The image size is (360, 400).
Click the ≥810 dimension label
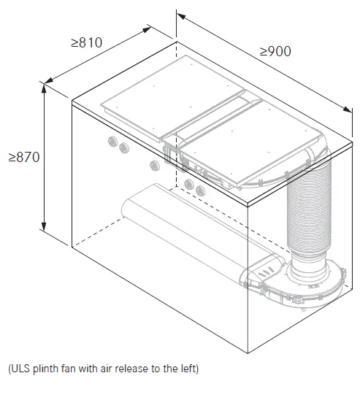[x=86, y=42]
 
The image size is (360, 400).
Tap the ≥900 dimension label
[x=275, y=51]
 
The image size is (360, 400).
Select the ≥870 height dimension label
[x=24, y=157]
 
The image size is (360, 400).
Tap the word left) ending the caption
[x=190, y=369]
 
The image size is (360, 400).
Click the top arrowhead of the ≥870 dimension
[x=44, y=88]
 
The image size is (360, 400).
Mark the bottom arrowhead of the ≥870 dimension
[x=44, y=226]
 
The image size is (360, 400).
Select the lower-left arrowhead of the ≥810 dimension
[x=49, y=80]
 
